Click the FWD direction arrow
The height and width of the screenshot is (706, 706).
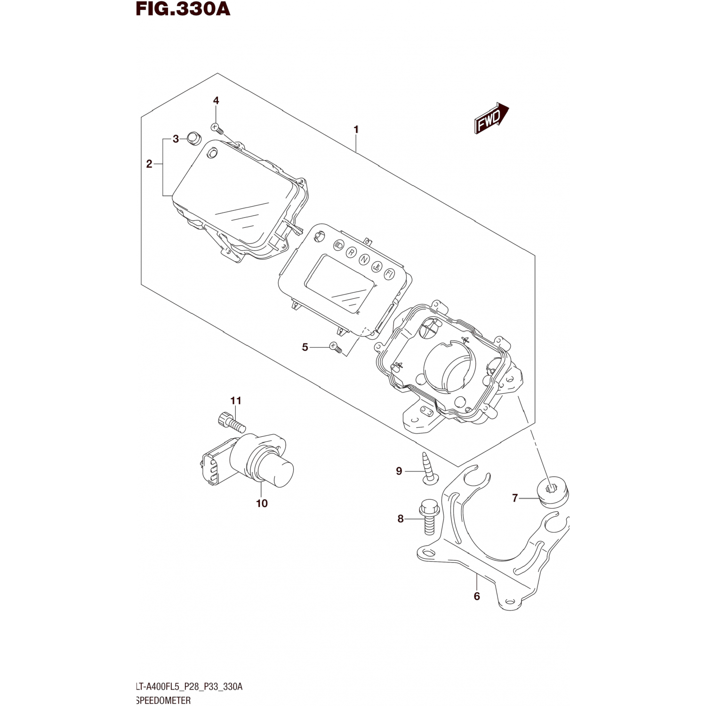491,118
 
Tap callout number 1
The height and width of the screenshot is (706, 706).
356,129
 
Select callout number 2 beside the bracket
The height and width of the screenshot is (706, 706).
149,164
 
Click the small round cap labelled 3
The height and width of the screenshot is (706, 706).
193,138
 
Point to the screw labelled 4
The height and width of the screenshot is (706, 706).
216,127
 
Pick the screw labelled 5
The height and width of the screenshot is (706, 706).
335,347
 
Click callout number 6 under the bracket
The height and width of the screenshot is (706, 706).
477,596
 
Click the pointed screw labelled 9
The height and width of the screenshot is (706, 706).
428,468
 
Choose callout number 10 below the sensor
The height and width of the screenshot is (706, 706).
262,503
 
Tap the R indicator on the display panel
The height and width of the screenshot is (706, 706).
351,252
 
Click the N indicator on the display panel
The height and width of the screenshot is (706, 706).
364,259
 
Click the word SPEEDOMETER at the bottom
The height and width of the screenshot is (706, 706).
163,700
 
